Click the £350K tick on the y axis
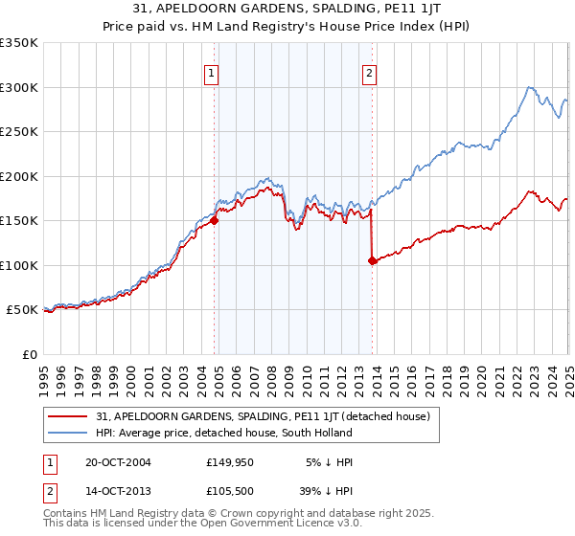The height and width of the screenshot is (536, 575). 19,43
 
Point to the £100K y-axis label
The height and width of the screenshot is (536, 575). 19,265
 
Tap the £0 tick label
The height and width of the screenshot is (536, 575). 30,354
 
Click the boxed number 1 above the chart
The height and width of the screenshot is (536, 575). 210,71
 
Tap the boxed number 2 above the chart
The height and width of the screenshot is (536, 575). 369,71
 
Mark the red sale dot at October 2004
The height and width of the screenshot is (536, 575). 214,220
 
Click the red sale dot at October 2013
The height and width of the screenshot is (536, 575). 372,260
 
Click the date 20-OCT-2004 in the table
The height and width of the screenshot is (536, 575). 118,462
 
